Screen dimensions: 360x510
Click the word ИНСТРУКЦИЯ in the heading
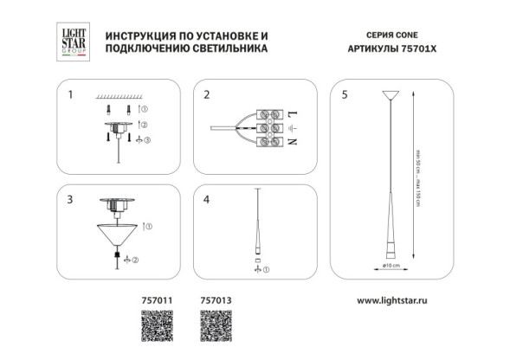(x=142, y=35)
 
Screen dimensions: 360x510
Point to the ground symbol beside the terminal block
(x=292, y=127)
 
